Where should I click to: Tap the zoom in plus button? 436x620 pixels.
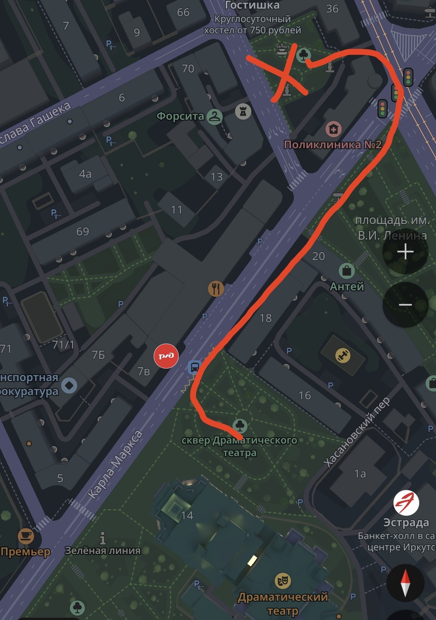pyautogui.click(x=406, y=252)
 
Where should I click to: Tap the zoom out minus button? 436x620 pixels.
pyautogui.click(x=406, y=305)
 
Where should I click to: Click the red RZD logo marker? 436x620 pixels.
pyautogui.click(x=166, y=356)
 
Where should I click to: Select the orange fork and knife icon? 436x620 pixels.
pyautogui.click(x=216, y=288)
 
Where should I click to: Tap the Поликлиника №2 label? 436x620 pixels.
pyautogui.click(x=333, y=144)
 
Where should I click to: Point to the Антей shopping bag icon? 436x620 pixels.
pyautogui.click(x=347, y=270)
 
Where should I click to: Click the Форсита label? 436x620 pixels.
pyautogui.click(x=181, y=116)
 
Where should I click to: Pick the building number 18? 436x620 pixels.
pyautogui.click(x=266, y=318)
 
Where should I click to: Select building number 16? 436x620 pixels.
pyautogui.click(x=305, y=395)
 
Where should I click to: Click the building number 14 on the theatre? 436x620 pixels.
pyautogui.click(x=186, y=515)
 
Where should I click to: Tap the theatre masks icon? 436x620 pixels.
pyautogui.click(x=282, y=581)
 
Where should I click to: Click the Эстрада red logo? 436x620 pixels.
pyautogui.click(x=406, y=503)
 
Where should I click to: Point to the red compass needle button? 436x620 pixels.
pyautogui.click(x=406, y=583)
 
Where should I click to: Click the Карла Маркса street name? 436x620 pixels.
pyautogui.click(x=115, y=466)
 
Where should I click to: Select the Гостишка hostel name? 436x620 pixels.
pyautogui.click(x=253, y=6)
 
